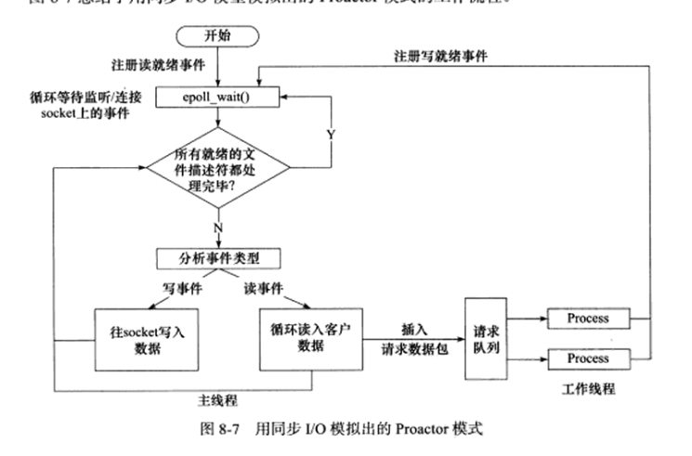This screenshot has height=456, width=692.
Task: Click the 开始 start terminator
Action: pos(216,36)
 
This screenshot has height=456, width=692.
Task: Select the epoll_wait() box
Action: pos(215,96)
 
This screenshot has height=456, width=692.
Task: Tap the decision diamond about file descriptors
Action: pos(218,166)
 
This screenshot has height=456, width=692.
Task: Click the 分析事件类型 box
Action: pos(215,257)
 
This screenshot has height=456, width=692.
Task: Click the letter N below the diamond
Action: pos(217,227)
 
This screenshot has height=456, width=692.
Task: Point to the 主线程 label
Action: pos(216,400)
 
